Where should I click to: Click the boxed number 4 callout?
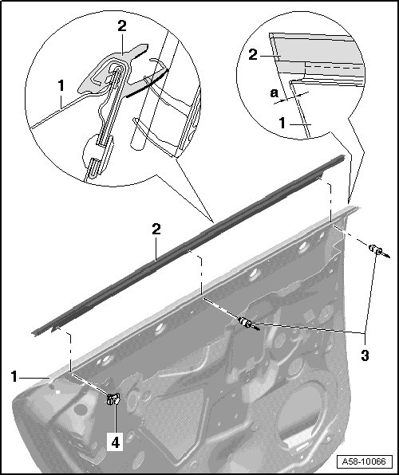pos(115,442)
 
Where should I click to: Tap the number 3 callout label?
pos(365,355)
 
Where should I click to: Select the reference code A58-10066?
pos(364,461)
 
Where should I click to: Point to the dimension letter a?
pos(274,92)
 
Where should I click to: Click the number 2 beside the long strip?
pos(156,229)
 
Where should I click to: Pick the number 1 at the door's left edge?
pos(14,376)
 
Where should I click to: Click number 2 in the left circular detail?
pos(121,26)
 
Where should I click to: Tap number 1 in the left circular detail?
pos(61,86)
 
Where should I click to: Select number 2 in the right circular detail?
pos(253,54)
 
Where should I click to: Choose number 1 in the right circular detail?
pos(282,123)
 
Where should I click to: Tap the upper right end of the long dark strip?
pos(343,157)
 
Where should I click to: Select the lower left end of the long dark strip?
pos(34,333)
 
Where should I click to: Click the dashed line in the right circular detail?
pos(334,67)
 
